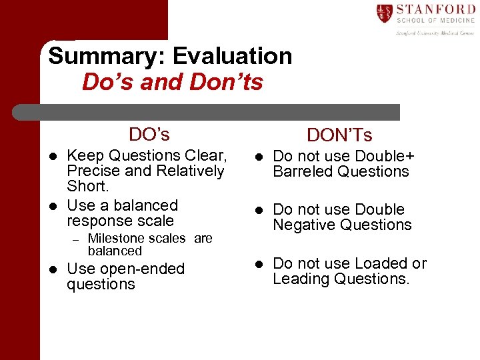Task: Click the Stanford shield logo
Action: (x=384, y=13)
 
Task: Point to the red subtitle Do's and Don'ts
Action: (x=173, y=83)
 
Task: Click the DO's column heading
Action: (x=149, y=135)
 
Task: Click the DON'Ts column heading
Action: (x=339, y=136)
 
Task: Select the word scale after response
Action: (x=155, y=221)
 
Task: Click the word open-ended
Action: (x=142, y=269)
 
